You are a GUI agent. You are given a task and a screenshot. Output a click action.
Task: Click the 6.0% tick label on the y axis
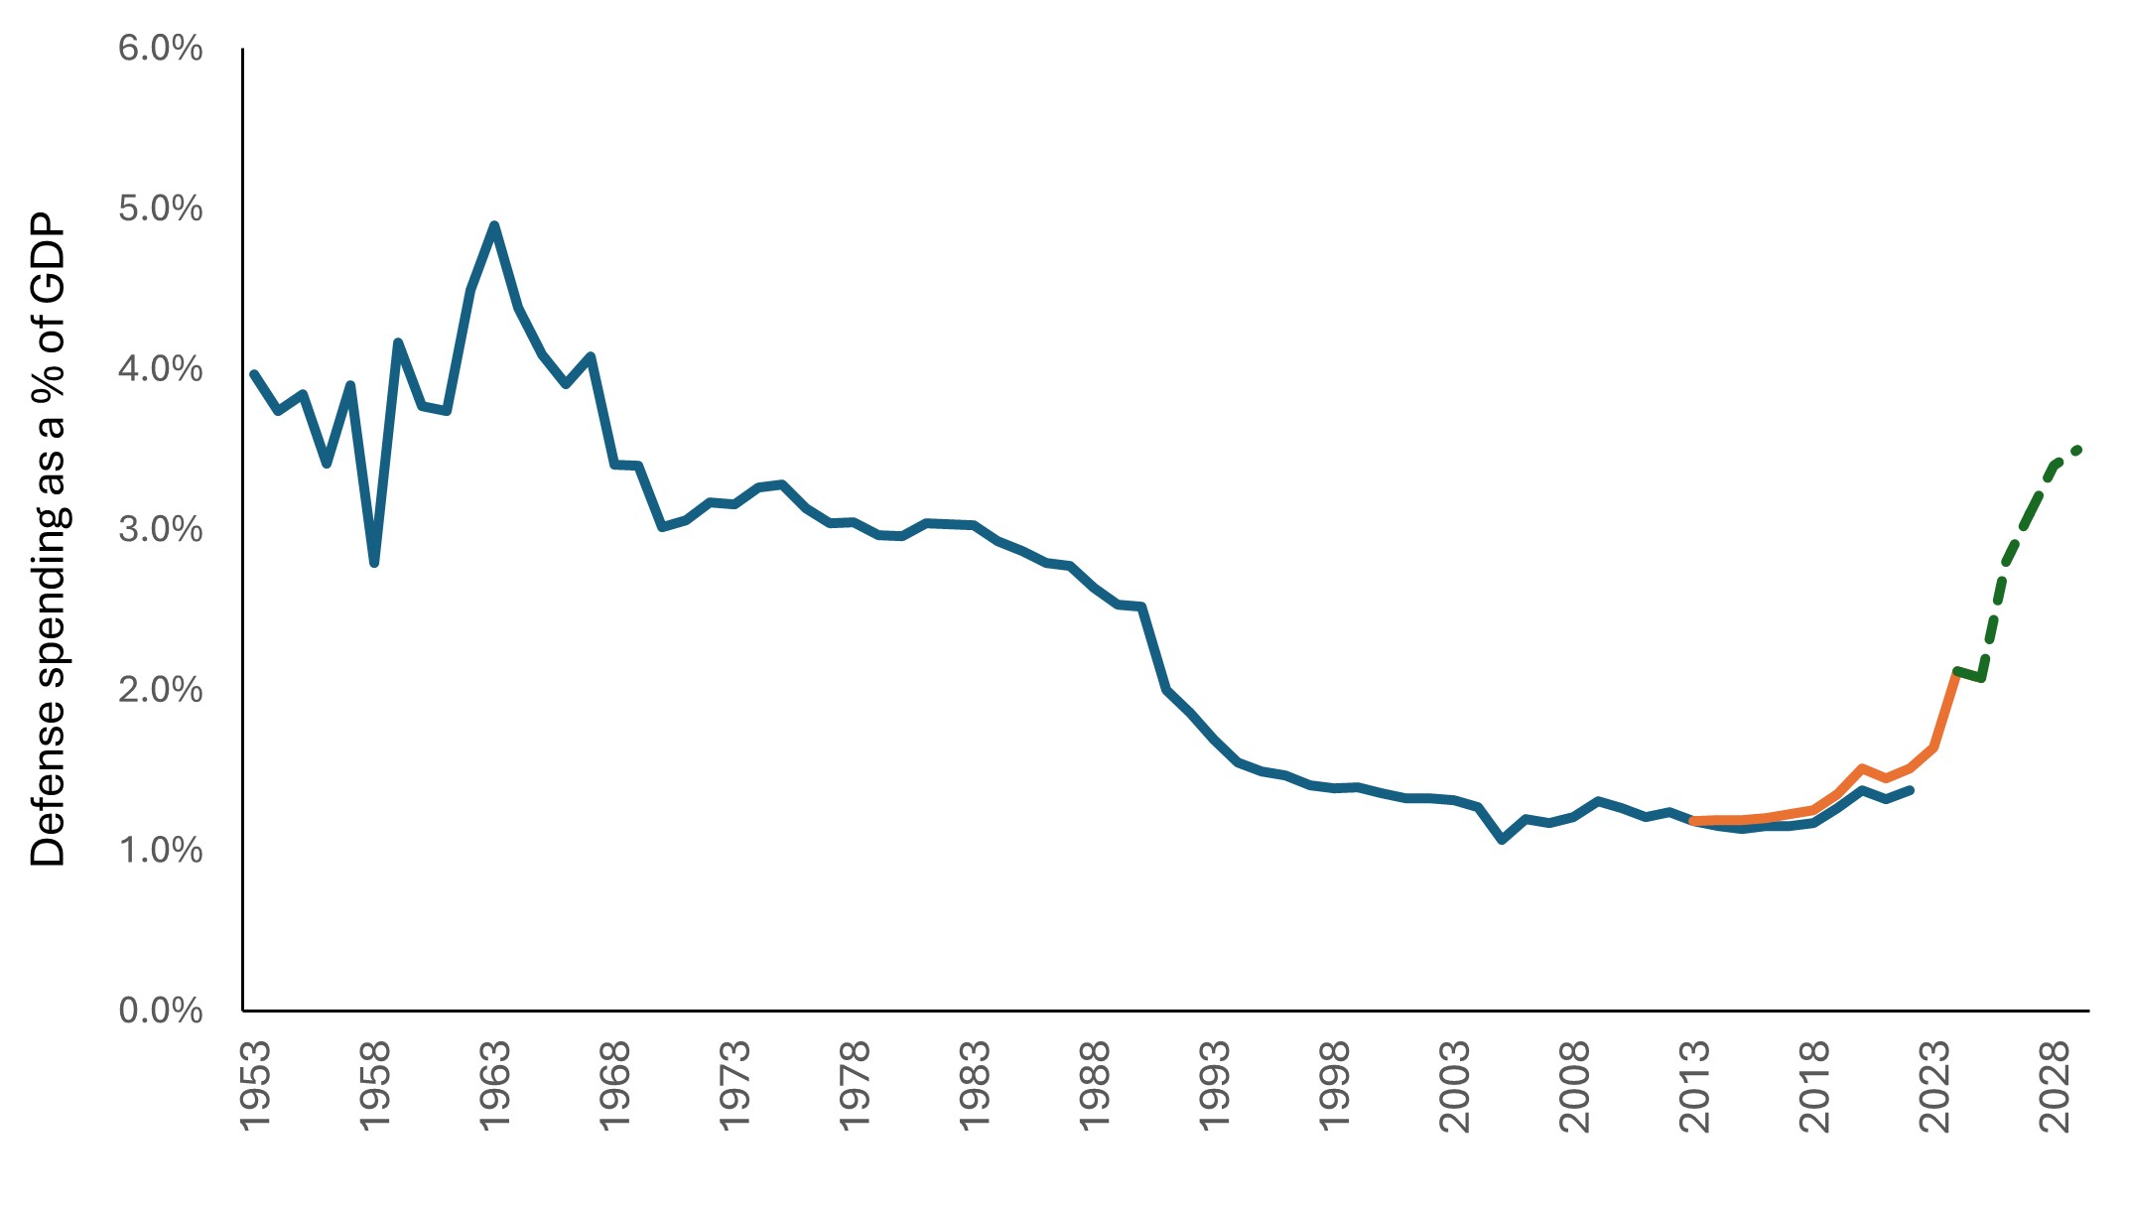click(x=161, y=48)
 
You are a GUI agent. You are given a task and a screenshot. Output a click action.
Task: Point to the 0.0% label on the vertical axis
click(x=161, y=1011)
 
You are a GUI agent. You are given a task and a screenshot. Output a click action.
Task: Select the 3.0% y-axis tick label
click(x=161, y=529)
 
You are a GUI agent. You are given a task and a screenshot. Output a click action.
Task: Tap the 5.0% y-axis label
click(x=161, y=208)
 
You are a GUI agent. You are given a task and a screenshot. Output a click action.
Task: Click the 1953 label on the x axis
click(x=255, y=1086)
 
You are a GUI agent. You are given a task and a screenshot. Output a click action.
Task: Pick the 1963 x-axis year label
click(x=495, y=1086)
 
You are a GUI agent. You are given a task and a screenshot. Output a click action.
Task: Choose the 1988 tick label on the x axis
click(x=1095, y=1086)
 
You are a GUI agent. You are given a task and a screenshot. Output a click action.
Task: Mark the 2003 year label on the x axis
click(x=1455, y=1086)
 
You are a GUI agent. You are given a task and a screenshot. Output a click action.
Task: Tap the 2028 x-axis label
click(x=2056, y=1086)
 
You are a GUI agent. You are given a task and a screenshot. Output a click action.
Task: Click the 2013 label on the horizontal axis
click(x=1695, y=1086)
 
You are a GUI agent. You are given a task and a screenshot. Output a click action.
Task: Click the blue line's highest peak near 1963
click(x=494, y=225)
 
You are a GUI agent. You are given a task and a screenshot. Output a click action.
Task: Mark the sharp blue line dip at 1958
click(x=374, y=564)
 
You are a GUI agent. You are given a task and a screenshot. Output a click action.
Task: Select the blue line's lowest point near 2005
click(x=1503, y=840)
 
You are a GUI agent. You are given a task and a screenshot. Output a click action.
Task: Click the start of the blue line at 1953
click(x=254, y=374)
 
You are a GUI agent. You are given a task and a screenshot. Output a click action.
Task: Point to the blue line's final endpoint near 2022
click(x=1911, y=790)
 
